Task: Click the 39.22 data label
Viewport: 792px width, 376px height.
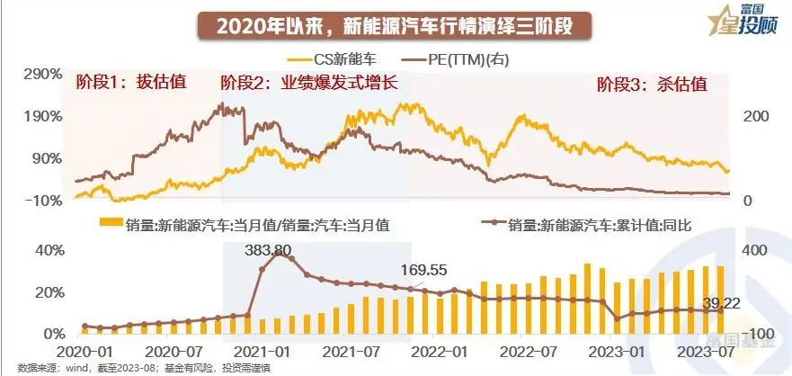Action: (721, 306)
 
